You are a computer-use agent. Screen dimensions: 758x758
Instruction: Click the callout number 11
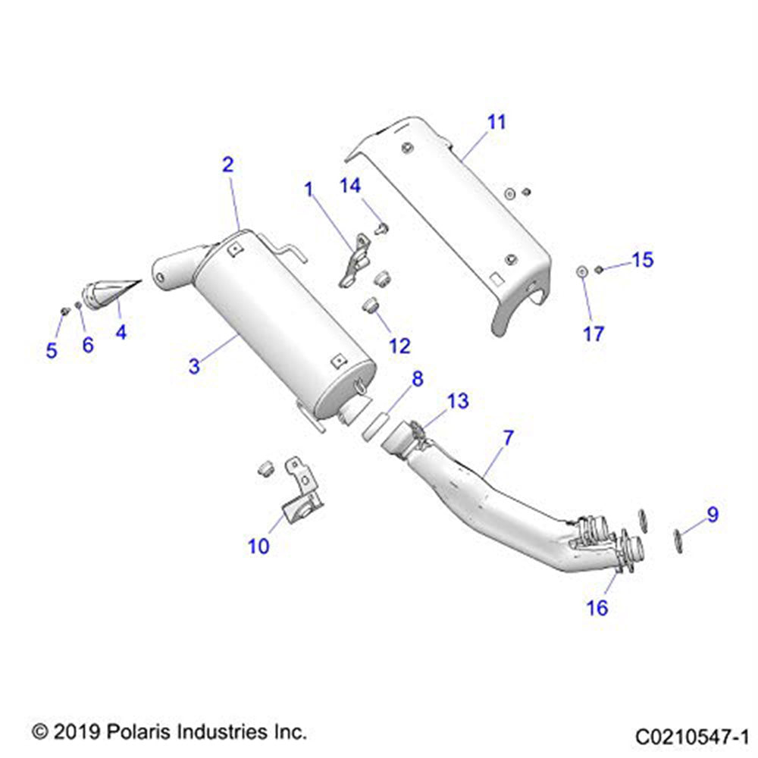click(496, 122)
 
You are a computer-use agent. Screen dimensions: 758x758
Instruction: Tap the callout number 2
click(227, 164)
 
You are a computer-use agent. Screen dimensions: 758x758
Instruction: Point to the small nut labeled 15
click(599, 269)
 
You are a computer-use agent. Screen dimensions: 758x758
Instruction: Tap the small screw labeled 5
click(65, 311)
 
